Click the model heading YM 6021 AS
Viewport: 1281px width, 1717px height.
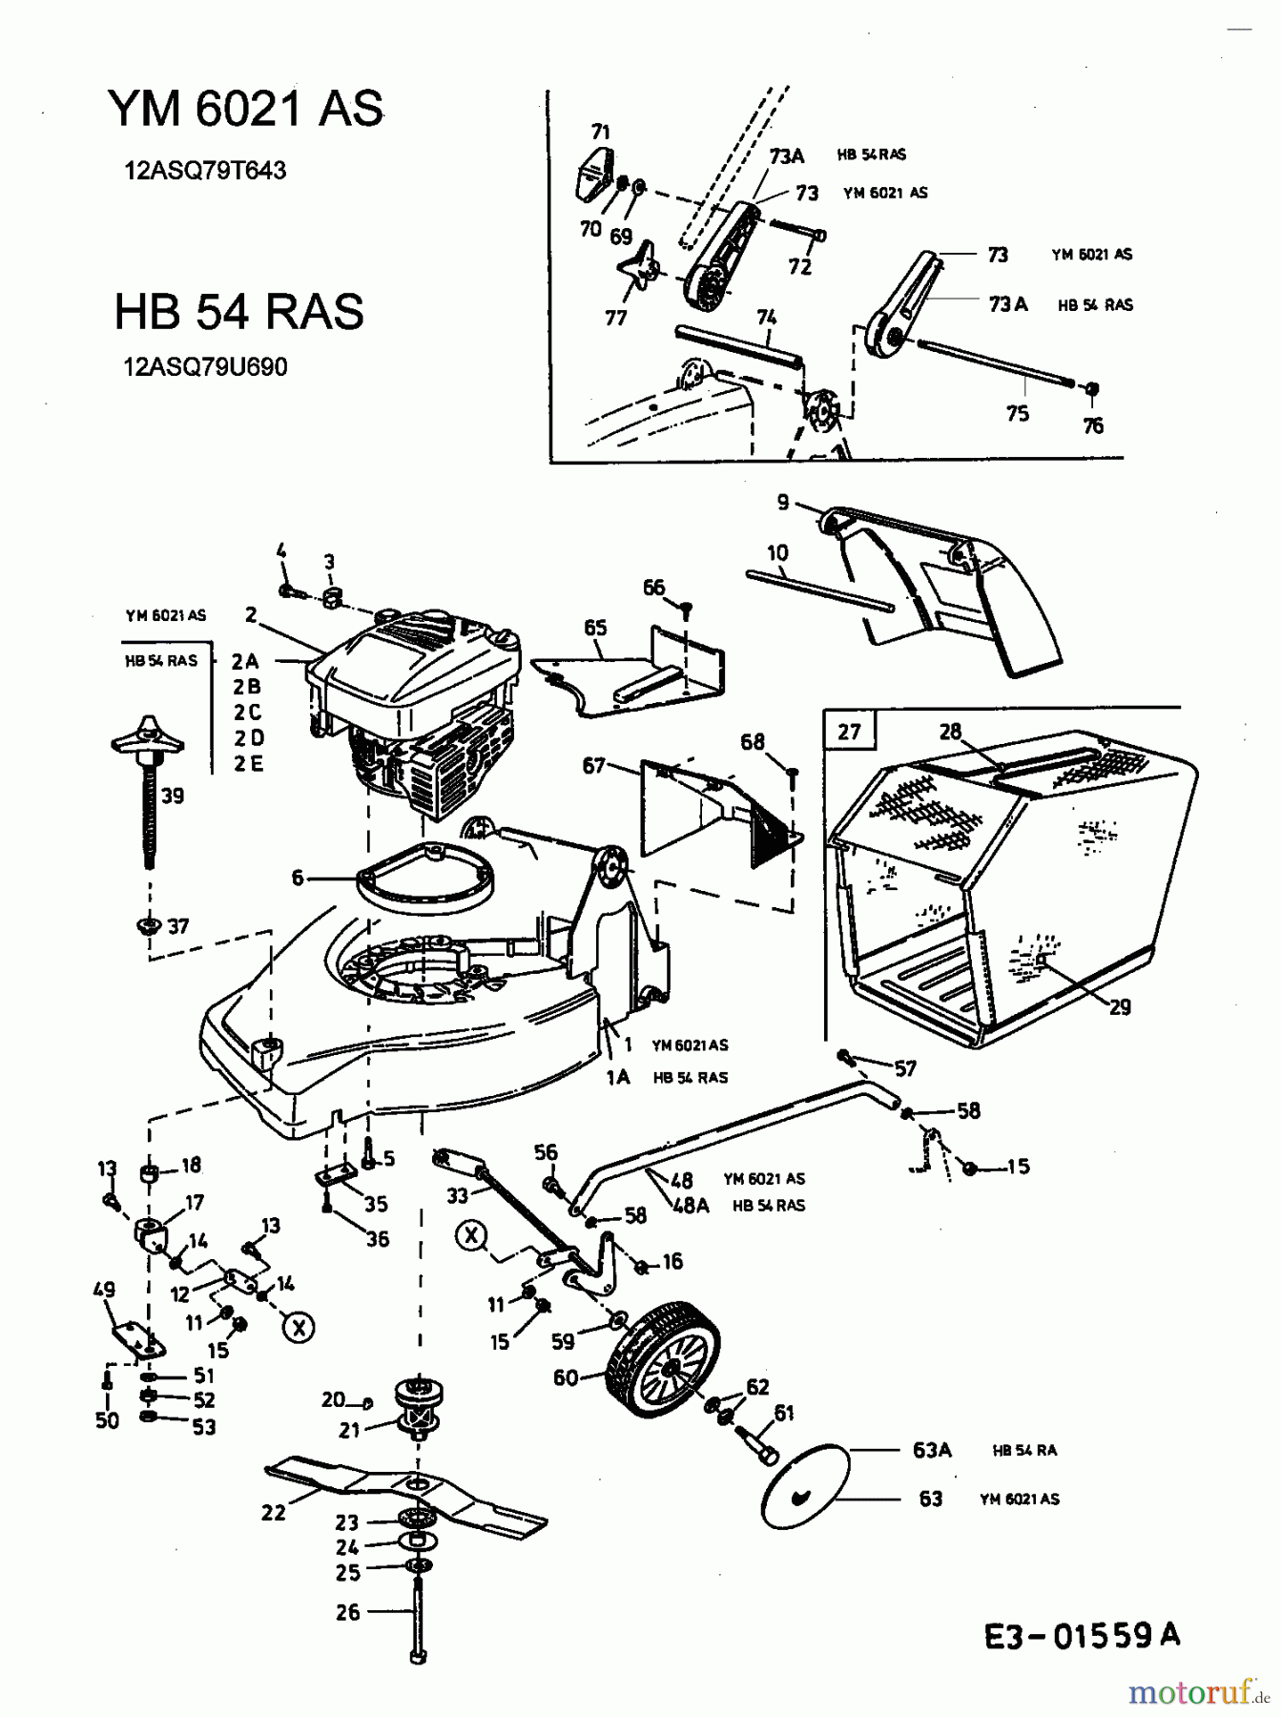point(245,108)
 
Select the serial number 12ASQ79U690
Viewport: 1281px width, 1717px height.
point(205,367)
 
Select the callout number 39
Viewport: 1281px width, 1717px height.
point(173,795)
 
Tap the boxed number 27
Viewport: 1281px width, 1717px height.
point(849,732)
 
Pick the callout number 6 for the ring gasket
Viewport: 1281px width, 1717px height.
point(298,877)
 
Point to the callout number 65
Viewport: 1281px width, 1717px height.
point(594,628)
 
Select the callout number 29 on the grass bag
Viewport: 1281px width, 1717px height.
point(1119,1006)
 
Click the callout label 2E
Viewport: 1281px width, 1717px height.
point(249,764)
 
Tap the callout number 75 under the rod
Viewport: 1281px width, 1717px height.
point(1017,413)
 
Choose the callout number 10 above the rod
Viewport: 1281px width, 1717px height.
point(777,552)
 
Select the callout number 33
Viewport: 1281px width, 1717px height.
point(458,1194)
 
